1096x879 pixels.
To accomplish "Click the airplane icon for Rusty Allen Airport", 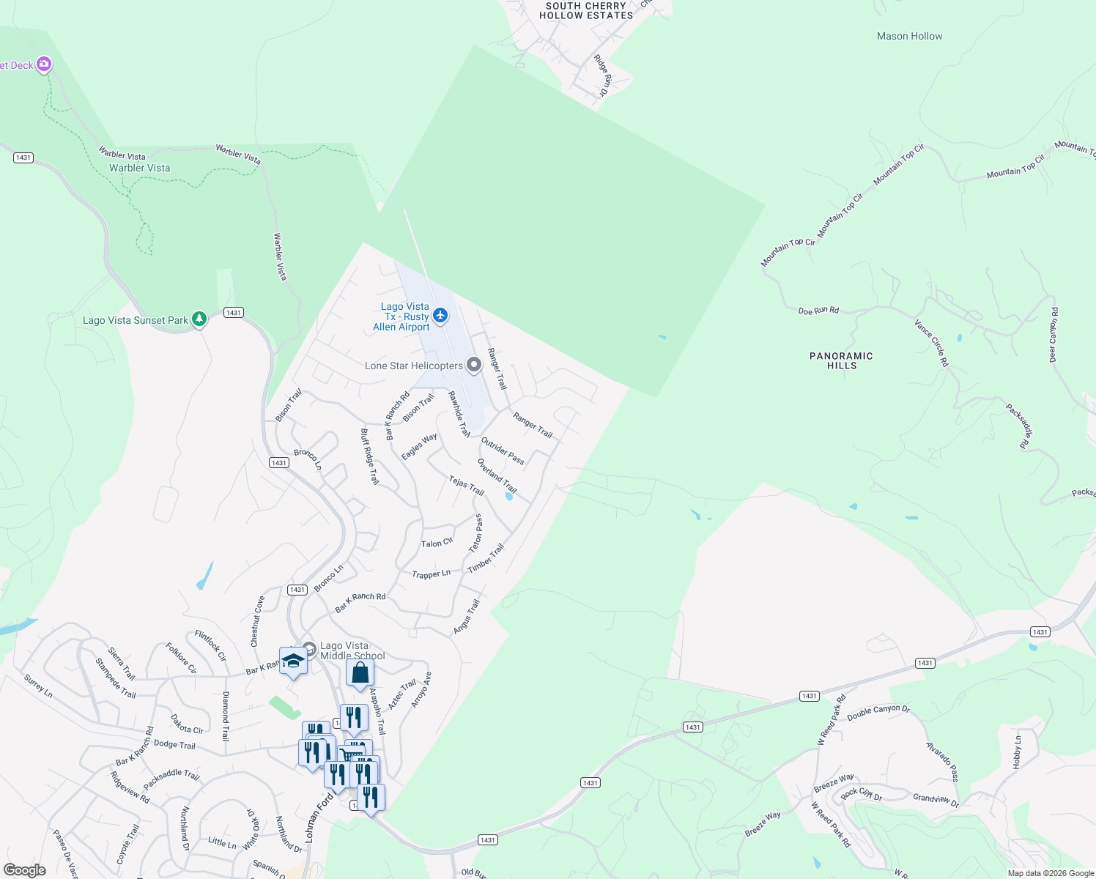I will pyautogui.click(x=440, y=316).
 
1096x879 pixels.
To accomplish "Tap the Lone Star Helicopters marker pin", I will pyautogui.click(x=474, y=365).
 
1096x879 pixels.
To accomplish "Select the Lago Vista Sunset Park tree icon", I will pyautogui.click(x=199, y=319).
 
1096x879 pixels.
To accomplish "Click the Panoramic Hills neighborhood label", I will pyautogui.click(x=841, y=360).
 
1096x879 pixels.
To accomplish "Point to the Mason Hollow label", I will pyautogui.click(x=909, y=36).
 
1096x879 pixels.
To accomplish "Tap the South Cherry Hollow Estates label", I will pyautogui.click(x=586, y=10).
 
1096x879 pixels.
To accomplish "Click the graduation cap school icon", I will pyautogui.click(x=293, y=661).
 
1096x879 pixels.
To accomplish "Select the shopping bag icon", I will pyautogui.click(x=360, y=672).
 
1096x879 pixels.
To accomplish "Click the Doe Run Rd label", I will pyautogui.click(x=818, y=311).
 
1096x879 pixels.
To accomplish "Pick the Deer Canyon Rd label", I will pyautogui.click(x=1054, y=335).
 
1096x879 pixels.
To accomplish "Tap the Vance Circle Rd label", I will pyautogui.click(x=931, y=342).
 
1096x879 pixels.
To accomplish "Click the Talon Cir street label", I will pyautogui.click(x=437, y=543).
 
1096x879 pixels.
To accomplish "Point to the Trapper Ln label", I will pyautogui.click(x=431, y=574).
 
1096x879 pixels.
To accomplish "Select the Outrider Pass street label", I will pyautogui.click(x=503, y=450).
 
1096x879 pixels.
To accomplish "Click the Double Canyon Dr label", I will pyautogui.click(x=878, y=713).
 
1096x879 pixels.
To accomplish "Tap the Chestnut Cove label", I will pyautogui.click(x=257, y=621).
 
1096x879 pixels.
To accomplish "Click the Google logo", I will pyautogui.click(x=25, y=870).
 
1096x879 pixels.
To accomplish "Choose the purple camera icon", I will pyautogui.click(x=44, y=64).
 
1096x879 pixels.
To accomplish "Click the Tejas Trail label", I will pyautogui.click(x=467, y=485).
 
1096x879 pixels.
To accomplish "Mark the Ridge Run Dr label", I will pyautogui.click(x=601, y=75).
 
